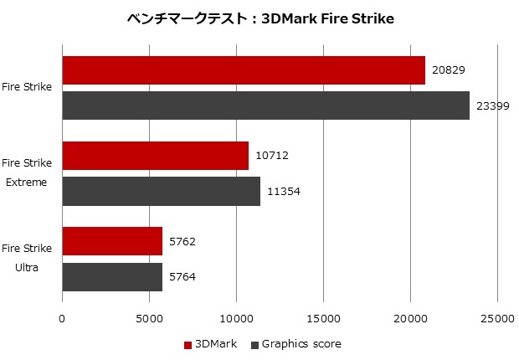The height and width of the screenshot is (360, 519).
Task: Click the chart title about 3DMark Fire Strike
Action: coord(259,18)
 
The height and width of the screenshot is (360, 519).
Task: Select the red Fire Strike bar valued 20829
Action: coord(244,70)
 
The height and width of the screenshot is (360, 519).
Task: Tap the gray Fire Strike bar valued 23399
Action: coord(265,105)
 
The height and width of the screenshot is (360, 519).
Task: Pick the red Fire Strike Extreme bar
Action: coord(156,156)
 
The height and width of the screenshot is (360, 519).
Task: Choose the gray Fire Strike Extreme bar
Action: coord(162,191)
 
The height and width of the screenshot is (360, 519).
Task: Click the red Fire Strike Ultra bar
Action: coord(112,241)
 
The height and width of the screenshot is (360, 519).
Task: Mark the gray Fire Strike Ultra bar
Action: coord(112,276)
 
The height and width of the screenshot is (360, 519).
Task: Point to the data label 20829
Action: coord(449,70)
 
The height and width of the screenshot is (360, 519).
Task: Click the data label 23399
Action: coord(493,105)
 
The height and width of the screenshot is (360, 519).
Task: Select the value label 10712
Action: coord(272,156)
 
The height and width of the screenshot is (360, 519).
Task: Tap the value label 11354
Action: coord(284,191)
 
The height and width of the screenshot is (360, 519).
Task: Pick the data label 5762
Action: coord(182,241)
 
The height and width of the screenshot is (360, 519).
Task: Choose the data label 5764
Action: coord(182,276)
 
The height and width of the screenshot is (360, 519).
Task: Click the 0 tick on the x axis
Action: coord(62,318)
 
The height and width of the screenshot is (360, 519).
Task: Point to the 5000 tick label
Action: coord(149,318)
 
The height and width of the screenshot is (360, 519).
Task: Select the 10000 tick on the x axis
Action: coord(236,318)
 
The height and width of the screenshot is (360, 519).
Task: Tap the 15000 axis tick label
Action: coord(323,318)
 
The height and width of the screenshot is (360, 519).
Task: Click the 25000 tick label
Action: coord(497,318)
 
